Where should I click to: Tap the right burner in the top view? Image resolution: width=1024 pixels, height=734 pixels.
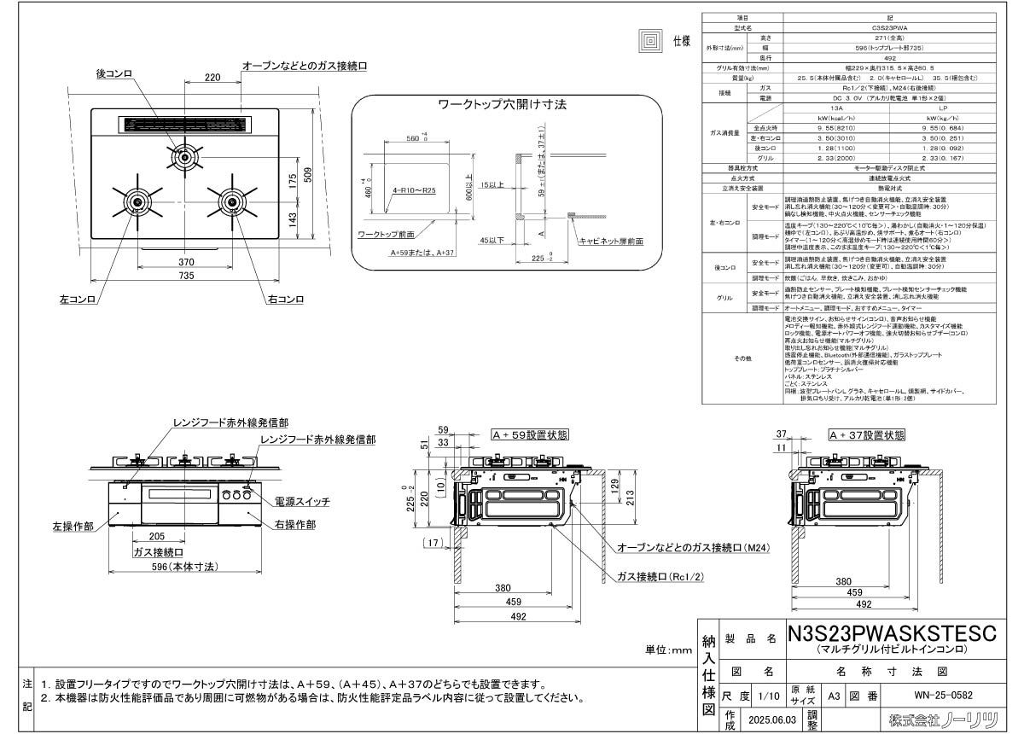click(x=231, y=201)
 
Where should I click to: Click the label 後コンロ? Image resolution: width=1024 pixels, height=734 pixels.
click(x=114, y=75)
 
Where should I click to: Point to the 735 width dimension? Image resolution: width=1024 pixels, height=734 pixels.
click(x=186, y=276)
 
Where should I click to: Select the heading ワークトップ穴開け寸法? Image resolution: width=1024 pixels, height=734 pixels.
click(x=502, y=104)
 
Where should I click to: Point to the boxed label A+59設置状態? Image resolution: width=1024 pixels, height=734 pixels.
click(x=529, y=434)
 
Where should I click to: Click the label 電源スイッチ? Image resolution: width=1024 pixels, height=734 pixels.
click(x=301, y=501)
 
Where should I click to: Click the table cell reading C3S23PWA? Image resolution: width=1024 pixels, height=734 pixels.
click(x=859, y=27)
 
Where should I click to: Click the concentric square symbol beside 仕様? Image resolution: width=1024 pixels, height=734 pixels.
click(x=651, y=40)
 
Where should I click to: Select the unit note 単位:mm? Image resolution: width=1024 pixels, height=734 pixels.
click(x=670, y=650)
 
